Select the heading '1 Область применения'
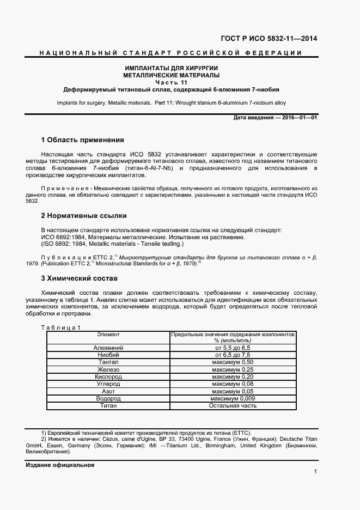82,140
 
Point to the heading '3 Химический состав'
79,278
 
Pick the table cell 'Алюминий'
108,347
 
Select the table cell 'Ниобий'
108,355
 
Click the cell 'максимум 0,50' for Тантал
233,362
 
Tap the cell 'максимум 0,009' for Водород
233,398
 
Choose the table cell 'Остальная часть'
233,405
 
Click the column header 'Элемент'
108,334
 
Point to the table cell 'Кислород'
108,377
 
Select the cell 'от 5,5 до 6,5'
233,347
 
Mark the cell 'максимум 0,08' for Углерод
233,384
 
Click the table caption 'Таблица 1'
61,327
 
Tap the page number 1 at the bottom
315,471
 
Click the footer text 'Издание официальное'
60,465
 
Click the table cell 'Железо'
108,369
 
